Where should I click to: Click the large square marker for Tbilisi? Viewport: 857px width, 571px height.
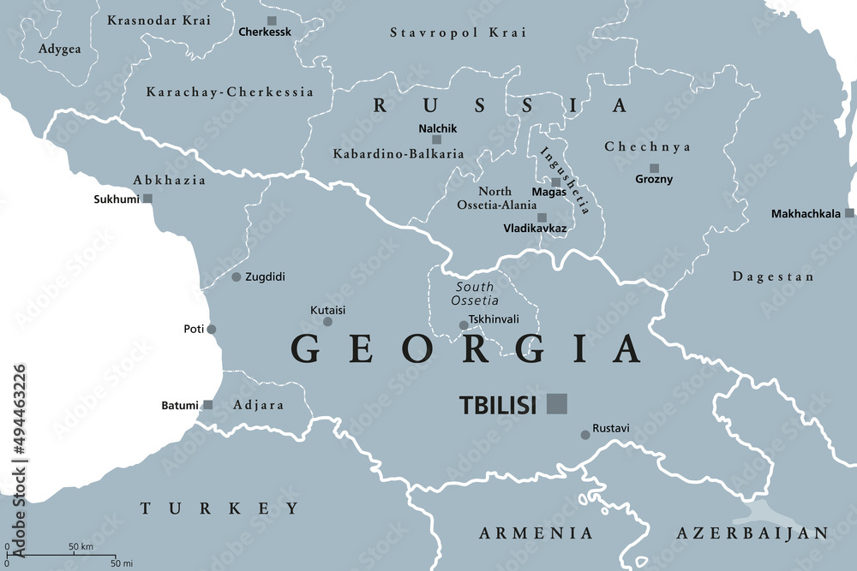tap(557, 403)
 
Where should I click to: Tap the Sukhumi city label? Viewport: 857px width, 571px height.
tap(117, 199)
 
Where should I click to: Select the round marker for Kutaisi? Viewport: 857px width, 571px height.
tap(327, 322)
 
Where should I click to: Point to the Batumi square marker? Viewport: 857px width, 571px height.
tap(207, 405)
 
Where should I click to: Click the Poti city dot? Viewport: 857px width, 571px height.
tap(212, 329)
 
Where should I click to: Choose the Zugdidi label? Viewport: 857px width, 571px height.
tap(265, 277)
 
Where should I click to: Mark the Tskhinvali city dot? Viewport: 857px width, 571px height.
tap(464, 325)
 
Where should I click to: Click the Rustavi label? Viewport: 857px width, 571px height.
tap(611, 426)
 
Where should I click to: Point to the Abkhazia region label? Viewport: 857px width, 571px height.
tap(169, 180)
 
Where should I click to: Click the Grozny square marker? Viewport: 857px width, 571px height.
tap(654, 169)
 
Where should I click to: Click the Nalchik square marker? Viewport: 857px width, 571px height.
tap(436, 140)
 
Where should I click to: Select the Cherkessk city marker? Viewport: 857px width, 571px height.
tap(272, 21)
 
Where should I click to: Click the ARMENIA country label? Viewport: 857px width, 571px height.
tap(536, 533)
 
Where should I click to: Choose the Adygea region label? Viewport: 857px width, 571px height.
tap(60, 49)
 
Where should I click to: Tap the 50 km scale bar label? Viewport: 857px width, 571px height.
tap(81, 546)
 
